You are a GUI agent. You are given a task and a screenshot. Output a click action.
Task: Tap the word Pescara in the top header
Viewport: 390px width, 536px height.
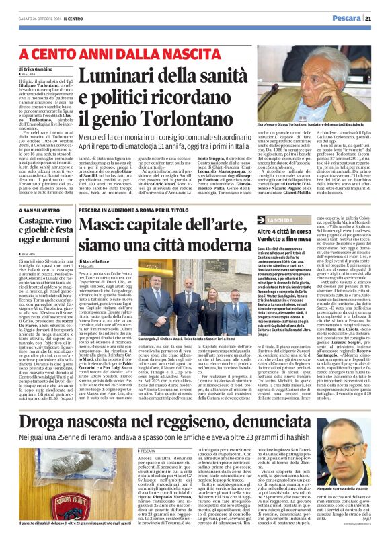pyautogui.click(x=344, y=18)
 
